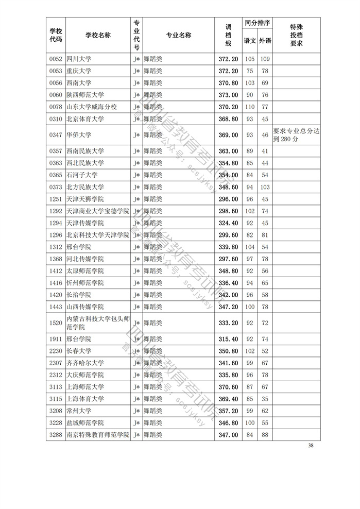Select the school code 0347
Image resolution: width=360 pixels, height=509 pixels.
point(55,135)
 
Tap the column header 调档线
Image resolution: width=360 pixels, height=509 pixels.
point(228,36)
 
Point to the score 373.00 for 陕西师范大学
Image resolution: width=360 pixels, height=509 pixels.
point(228,95)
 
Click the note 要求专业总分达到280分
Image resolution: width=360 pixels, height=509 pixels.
point(296,135)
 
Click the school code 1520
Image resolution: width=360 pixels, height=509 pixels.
point(55,323)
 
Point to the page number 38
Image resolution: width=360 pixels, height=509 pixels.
point(310,445)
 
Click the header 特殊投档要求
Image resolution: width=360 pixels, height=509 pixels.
point(296,36)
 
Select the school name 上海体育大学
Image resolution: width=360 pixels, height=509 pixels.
point(85,399)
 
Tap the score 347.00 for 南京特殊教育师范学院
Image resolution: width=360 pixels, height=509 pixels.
point(228,435)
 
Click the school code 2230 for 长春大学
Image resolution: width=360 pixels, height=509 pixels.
point(55,351)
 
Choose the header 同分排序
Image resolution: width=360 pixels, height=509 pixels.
point(258,23)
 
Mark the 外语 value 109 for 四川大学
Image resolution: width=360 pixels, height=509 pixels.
point(265,59)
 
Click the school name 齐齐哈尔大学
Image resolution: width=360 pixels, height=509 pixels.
point(85,363)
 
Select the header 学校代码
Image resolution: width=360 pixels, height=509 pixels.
point(55,36)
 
